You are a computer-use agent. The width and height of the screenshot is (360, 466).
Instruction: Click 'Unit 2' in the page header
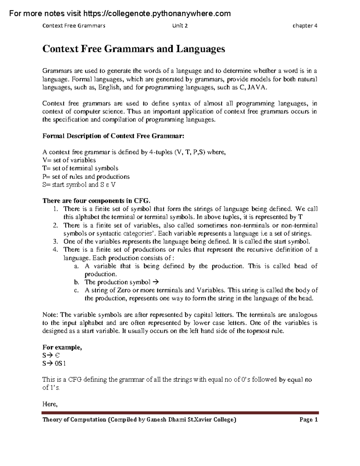pos(180,26)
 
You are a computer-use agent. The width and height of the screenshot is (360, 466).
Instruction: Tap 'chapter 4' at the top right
pos(305,26)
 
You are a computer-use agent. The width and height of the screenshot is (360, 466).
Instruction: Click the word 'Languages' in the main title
pos(200,49)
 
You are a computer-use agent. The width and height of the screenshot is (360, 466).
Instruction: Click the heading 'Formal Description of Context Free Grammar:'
pos(113,136)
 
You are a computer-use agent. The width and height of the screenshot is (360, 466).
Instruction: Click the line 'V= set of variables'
pos(69,160)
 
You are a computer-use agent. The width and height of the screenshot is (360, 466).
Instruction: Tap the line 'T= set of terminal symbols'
pos(80,168)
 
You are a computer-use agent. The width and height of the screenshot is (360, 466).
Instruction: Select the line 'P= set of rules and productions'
pos(86,176)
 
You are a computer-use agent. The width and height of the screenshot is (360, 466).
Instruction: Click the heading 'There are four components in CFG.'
pos(98,201)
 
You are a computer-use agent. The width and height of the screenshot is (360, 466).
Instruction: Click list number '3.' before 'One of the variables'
pos(55,242)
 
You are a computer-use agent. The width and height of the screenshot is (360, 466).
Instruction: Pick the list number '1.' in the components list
pos(55,209)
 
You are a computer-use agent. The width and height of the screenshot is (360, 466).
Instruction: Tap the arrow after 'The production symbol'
pos(155,282)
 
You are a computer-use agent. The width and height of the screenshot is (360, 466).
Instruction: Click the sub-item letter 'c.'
pos(76,290)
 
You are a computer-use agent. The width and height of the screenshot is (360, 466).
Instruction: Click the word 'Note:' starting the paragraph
pos(50,315)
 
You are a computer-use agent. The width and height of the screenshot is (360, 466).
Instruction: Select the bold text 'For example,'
pos(62,347)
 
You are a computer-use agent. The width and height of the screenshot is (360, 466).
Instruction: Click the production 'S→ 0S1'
pos(54,363)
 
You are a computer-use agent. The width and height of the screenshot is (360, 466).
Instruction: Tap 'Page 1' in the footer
pos(308,420)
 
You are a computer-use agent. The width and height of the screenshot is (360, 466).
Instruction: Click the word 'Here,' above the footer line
pos(50,404)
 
